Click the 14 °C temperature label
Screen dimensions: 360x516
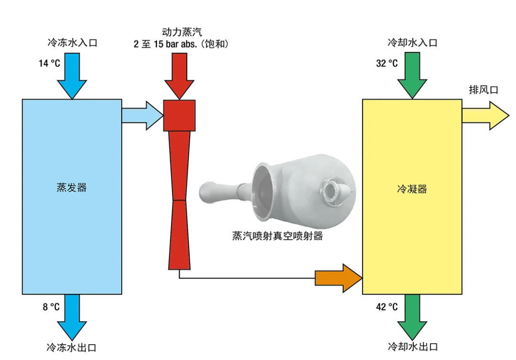point(50,63)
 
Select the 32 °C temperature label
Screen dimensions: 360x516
point(387,63)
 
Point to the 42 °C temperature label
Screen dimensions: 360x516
point(387,307)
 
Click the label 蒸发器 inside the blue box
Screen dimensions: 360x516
point(72,187)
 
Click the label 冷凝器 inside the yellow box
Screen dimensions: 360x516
point(412,189)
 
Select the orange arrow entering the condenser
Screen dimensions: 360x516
point(337,278)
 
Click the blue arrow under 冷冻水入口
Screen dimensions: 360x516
point(72,75)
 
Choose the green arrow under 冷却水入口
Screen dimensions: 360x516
point(412,75)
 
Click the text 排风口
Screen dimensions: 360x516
point(484,90)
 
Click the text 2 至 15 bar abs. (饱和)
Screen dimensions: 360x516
point(182,44)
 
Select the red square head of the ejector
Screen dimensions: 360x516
point(179,115)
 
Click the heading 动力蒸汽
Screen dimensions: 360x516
point(182,33)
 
